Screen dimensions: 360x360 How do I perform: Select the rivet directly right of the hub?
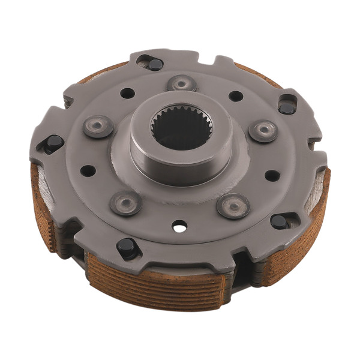pos(263,131)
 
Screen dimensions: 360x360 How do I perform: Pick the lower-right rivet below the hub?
pos(233,206)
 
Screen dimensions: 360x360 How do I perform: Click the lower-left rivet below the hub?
pos(125,203)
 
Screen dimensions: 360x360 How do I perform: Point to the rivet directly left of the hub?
pos(98,126)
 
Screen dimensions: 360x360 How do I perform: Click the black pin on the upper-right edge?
pos(287,107)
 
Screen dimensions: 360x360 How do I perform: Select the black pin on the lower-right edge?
pos(279,221)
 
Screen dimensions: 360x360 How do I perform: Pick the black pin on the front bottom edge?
pos(128,247)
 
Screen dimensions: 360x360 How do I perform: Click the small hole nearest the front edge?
pos(178,226)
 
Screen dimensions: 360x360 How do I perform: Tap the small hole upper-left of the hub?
pos(127,93)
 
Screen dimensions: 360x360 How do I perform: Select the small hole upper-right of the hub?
pos(236,96)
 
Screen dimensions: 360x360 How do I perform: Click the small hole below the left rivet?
pos(88,171)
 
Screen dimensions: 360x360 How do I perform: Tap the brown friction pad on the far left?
pos(43,204)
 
